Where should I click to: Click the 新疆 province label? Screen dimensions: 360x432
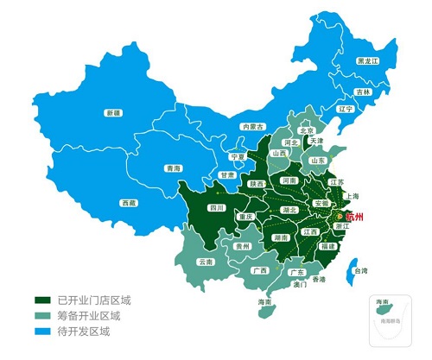tap(112, 113)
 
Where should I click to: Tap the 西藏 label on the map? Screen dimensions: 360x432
tap(128, 203)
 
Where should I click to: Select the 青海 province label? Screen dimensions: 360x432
tap(174, 168)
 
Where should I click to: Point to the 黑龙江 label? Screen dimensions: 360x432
tap(367, 62)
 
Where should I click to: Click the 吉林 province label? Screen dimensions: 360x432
tap(363, 92)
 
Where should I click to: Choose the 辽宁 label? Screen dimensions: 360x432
tap(346, 110)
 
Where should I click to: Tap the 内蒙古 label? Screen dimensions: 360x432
tap(251, 126)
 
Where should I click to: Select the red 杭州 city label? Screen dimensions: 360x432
tap(354, 215)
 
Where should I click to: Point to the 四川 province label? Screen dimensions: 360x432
tap(216, 208)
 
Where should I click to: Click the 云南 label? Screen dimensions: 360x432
tap(205, 262)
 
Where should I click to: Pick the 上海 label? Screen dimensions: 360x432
tap(352, 196)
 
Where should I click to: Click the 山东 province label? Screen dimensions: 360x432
tap(317, 160)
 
